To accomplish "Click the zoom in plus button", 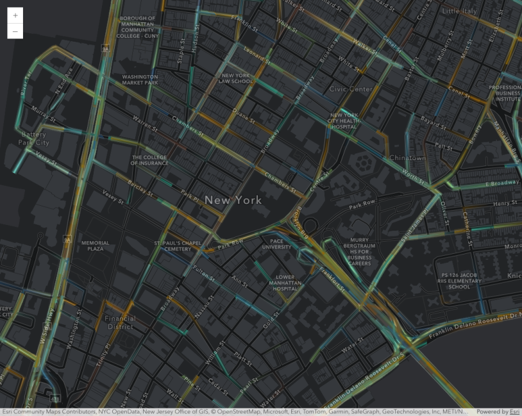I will (x=15, y=15).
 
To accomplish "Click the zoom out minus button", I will (x=15, y=31).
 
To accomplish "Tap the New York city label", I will (x=233, y=200).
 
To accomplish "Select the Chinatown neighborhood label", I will (x=407, y=158).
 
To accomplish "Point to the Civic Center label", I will (x=351, y=89).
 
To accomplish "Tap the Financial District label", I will (x=121, y=322).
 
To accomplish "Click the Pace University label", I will (x=276, y=244).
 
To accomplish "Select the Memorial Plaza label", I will (x=95, y=245).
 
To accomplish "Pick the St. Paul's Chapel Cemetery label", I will (x=178, y=246).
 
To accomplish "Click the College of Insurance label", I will (x=149, y=160).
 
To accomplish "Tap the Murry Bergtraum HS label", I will (x=360, y=251).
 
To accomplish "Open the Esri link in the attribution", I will (x=514, y=412).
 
